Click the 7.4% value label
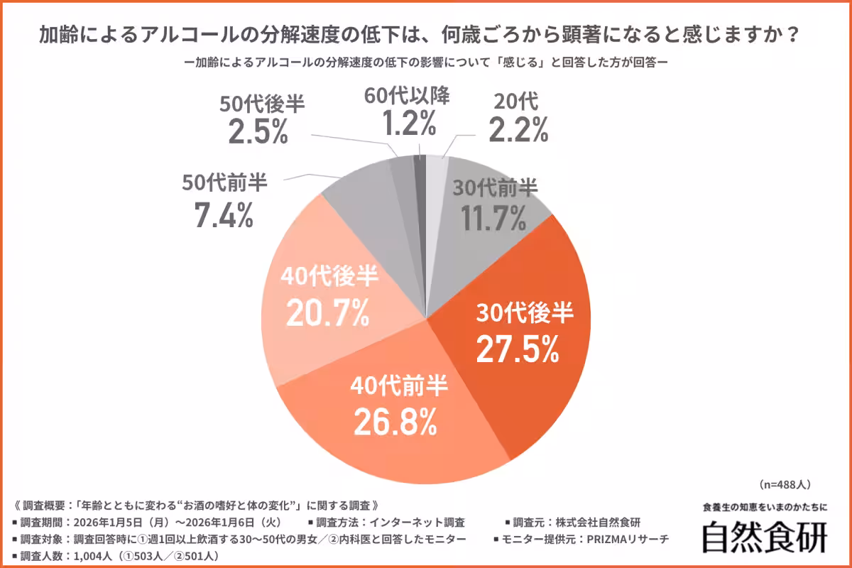click(x=224, y=216)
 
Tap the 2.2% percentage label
click(x=518, y=130)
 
